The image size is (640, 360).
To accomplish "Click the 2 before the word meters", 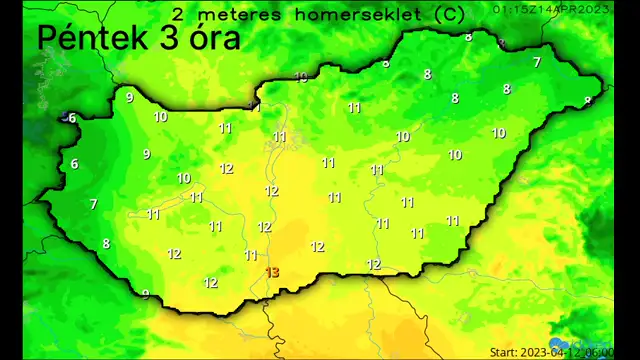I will (x=179, y=15).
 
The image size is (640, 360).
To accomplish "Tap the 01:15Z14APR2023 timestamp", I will (x=552, y=8).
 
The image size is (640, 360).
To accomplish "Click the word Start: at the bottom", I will (x=507, y=352).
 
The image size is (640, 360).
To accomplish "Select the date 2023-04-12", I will (x=554, y=352).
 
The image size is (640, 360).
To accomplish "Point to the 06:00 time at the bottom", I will (x=600, y=352).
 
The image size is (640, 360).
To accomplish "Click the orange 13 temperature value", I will (x=273, y=272).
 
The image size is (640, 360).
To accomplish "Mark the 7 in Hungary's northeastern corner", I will (x=536, y=62).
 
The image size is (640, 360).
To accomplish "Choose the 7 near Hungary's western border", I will (x=93, y=204).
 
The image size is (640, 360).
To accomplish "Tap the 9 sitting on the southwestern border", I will (x=146, y=294).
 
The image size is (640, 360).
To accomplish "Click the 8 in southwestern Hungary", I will (x=106, y=244).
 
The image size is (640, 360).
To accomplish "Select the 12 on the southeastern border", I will (x=374, y=265).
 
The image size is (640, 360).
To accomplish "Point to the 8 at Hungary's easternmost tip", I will (x=588, y=100).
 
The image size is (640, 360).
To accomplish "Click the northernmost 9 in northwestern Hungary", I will (x=129, y=97).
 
